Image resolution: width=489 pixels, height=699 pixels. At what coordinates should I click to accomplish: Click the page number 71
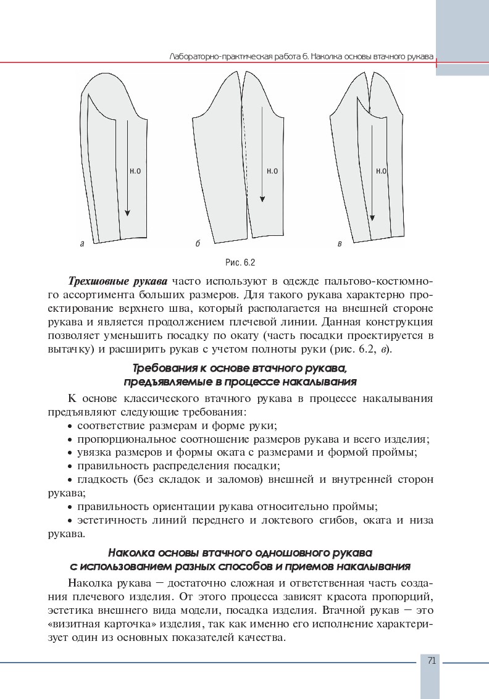tap(432, 661)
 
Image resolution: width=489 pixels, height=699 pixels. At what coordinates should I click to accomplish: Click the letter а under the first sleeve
tap(82, 244)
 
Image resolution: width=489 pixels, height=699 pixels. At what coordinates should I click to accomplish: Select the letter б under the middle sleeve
tap(197, 244)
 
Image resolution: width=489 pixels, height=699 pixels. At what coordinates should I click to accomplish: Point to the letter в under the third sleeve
tap(340, 244)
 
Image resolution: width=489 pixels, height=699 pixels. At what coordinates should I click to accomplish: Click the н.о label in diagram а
tap(135, 171)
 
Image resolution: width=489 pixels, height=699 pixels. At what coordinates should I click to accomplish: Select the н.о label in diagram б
tap(272, 171)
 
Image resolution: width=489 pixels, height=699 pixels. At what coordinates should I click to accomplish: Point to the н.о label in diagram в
tap(380, 171)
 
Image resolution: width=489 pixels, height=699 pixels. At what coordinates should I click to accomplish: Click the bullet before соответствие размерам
tap(70, 426)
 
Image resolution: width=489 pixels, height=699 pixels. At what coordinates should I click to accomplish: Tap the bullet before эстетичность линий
tap(70, 521)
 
